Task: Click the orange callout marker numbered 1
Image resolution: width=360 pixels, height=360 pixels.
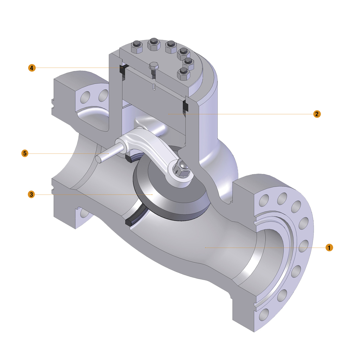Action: tap(329, 247)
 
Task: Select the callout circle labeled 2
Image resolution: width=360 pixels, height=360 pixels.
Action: tap(317, 114)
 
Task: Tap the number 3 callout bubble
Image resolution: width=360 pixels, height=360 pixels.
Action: tap(32, 194)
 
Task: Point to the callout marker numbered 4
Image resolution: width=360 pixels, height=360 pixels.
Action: tap(32, 67)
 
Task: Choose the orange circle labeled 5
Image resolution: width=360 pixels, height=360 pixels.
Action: tap(25, 153)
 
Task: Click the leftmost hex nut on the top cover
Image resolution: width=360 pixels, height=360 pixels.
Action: tap(136, 47)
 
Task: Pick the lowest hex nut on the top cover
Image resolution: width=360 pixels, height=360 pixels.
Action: tap(183, 74)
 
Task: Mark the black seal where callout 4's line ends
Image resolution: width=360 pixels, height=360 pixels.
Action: tap(123, 69)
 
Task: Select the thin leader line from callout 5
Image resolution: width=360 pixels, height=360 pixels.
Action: tap(67, 153)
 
